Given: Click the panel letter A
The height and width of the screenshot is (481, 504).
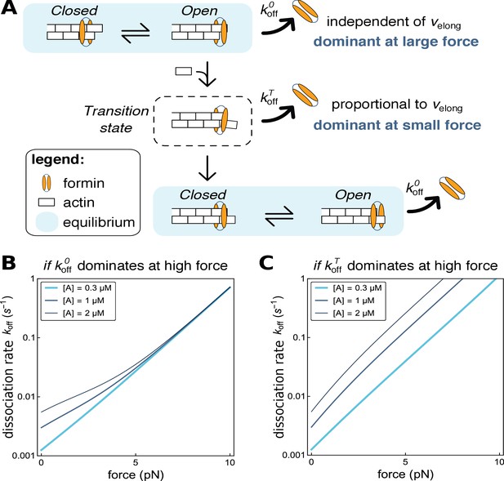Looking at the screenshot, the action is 9,8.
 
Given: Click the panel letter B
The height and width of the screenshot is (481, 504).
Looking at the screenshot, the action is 9,263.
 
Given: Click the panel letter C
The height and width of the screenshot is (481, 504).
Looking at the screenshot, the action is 266,263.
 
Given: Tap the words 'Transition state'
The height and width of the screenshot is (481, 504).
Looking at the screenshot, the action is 116,119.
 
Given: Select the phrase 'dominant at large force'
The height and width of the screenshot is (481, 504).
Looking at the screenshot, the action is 396,42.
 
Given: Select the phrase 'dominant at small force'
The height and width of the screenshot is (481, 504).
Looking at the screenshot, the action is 397,125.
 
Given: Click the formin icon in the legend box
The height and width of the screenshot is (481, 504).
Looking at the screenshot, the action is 47,183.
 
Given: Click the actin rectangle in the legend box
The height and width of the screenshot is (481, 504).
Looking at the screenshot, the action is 47,203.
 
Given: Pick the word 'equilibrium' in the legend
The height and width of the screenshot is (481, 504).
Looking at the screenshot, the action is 99,222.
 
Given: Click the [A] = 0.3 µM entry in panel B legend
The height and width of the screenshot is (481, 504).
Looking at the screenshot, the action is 77,288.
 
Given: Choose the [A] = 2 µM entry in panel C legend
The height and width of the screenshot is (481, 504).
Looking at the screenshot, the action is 344,313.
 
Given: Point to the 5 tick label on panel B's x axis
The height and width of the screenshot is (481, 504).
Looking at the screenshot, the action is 136,463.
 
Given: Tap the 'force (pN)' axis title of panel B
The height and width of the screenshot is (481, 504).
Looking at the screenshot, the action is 136,474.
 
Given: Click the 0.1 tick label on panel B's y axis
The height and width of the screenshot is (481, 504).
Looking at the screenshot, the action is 28,338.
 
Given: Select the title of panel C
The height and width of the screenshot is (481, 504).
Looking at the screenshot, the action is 406,266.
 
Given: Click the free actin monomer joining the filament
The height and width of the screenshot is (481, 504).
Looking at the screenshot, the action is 184,71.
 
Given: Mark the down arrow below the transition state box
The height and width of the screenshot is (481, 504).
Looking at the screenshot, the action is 207,168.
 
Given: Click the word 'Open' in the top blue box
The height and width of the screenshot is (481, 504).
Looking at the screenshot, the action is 199,11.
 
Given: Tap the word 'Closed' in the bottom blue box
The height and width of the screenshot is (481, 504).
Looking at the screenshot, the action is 203,194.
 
